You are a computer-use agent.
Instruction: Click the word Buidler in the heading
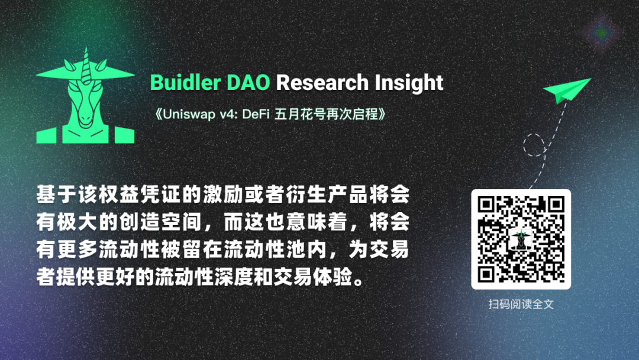(185, 82)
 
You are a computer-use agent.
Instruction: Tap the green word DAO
(248, 82)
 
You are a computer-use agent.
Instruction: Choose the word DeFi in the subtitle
(256, 114)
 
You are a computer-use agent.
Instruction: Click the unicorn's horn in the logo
(86, 65)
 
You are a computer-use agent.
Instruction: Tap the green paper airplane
(567, 90)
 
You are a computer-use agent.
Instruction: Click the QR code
(521, 239)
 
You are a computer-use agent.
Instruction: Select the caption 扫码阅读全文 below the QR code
(521, 304)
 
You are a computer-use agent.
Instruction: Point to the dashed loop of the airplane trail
(534, 144)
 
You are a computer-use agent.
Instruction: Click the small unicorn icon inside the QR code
(521, 239)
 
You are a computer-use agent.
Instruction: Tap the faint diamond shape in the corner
(602, 33)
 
